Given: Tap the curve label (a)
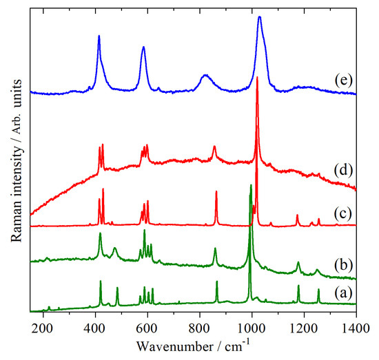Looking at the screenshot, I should (341, 293).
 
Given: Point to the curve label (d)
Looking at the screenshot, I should (341, 166).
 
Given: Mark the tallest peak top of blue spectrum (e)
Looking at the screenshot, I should (259, 17).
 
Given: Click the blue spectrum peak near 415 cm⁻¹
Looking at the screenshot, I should (99, 36).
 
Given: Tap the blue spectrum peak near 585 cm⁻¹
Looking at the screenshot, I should (143, 47).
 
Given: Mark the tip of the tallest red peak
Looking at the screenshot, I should (257, 77).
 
